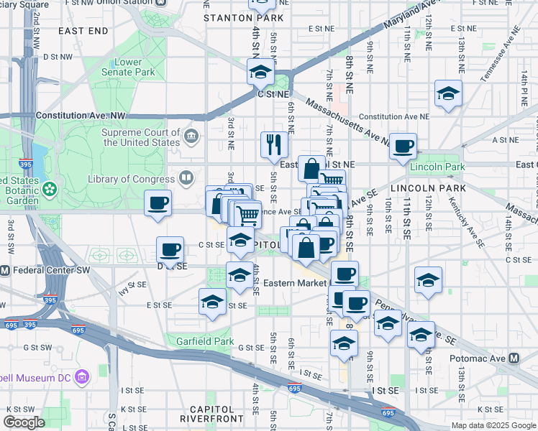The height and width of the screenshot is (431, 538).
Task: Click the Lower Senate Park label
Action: [128, 67]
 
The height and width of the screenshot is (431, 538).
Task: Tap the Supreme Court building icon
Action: [191, 136]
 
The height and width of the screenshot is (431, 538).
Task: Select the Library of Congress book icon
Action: [186, 178]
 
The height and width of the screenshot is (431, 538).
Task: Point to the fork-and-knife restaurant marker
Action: [273, 144]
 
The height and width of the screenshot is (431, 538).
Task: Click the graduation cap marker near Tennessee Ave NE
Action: [448, 93]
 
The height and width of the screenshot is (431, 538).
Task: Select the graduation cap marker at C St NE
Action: [260, 72]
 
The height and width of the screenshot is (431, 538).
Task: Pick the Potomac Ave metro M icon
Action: [514, 358]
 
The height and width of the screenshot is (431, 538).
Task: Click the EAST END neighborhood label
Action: [83, 31]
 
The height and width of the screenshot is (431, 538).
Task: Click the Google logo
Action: [24, 422]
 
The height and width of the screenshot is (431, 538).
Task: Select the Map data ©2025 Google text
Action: [493, 425]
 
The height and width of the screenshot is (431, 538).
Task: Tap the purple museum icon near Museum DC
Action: [82, 376]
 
